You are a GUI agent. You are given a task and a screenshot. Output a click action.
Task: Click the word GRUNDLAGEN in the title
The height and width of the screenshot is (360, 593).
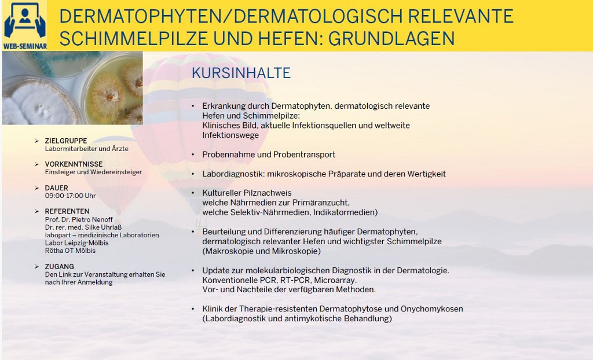pos(391,38)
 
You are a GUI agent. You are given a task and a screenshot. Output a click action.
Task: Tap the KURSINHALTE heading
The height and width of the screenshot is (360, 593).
pos(241,73)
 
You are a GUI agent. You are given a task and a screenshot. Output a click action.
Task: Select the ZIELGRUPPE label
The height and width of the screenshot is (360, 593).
pos(66,141)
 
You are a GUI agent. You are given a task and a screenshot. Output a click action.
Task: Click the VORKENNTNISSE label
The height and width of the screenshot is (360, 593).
pos(74,164)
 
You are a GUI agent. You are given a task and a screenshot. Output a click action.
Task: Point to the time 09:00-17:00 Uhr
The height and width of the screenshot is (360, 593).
pos(70,196)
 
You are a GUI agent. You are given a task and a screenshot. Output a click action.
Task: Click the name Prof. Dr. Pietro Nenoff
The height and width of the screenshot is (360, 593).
pos(79,219)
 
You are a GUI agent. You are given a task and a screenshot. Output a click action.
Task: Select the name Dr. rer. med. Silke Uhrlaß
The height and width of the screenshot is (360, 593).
pos(83,227)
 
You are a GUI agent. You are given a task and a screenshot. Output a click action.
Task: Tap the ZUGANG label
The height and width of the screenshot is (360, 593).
pos(60,267)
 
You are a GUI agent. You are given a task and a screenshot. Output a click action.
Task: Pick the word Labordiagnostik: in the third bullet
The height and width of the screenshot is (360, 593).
pos(233,174)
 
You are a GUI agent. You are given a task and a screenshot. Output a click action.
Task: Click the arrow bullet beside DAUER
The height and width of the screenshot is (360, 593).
pos(36,188)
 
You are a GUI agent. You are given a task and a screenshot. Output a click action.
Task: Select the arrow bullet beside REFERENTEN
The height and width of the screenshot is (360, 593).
pos(36,211)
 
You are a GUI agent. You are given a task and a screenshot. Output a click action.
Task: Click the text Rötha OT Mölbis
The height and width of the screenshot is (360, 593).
pos(70,251)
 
